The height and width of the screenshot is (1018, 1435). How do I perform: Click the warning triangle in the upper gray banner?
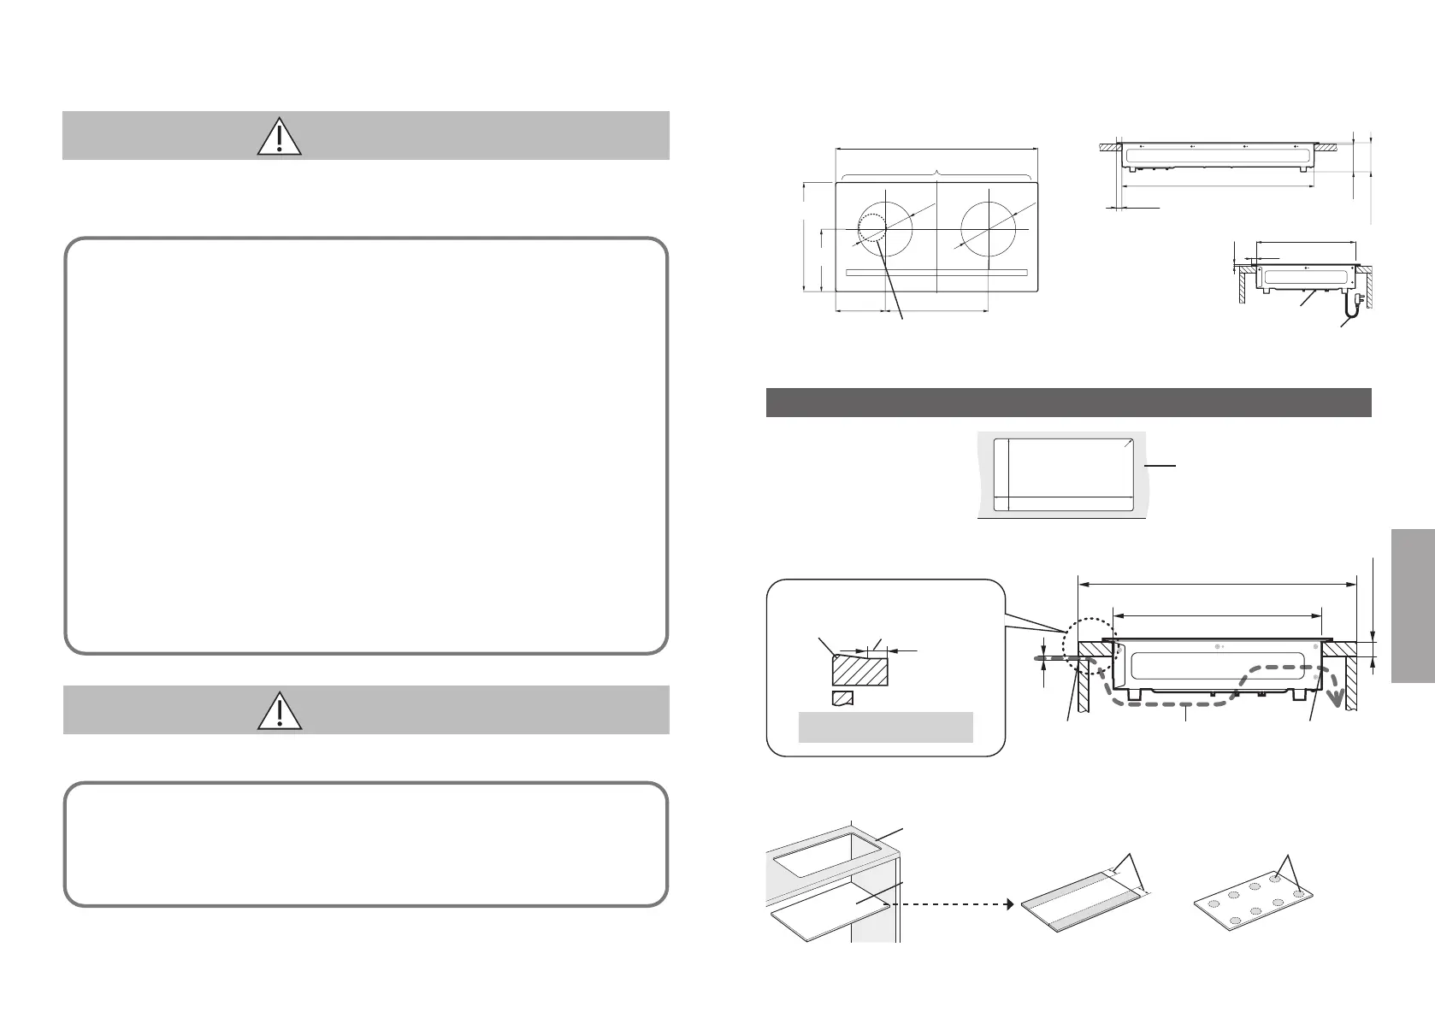(x=280, y=136)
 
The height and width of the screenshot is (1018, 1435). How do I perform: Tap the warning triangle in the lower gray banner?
(x=280, y=710)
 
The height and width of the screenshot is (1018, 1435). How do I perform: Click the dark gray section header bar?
(x=1068, y=403)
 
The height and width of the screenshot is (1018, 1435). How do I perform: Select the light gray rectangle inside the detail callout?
(x=885, y=727)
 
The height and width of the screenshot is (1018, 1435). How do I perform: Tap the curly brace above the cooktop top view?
(x=939, y=174)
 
